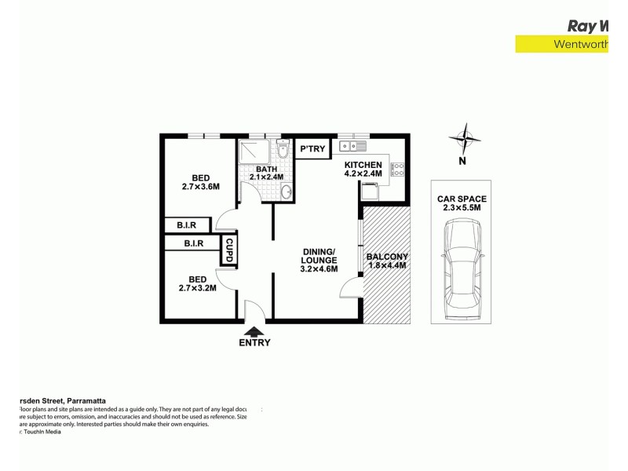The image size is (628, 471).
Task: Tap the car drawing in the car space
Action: tap(462, 267)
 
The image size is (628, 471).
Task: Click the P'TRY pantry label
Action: tap(312, 149)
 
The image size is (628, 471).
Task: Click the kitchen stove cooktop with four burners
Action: tap(397, 167)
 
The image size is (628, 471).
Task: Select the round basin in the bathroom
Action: tap(286, 192)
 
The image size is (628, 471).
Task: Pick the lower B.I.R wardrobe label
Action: tap(193, 244)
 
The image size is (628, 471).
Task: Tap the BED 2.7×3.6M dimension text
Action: tap(199, 181)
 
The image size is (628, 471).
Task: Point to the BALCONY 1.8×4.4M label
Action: tap(388, 261)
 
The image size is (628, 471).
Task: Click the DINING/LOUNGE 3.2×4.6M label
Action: tap(319, 261)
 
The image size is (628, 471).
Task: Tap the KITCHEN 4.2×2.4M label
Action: tap(363, 169)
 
